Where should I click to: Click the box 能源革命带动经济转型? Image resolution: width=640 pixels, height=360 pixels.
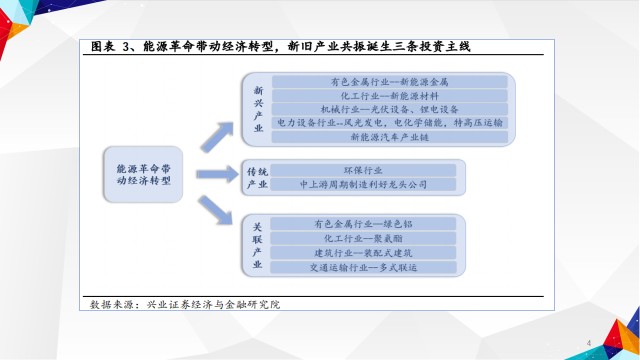point(143,174)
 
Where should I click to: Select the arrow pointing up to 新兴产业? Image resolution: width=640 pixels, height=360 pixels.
point(217,137)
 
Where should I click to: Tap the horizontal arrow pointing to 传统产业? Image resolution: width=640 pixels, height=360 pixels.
point(217,174)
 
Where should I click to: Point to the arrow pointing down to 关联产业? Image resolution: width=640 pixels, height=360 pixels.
point(215,210)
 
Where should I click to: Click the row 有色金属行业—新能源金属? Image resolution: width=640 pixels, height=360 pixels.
point(389,82)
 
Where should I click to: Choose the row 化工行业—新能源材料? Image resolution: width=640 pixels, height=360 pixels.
point(389,96)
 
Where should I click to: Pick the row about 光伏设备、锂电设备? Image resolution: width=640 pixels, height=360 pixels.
point(389,109)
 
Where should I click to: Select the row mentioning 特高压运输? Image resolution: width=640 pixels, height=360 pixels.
point(389,123)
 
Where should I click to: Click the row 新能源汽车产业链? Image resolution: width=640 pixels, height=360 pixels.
point(389,137)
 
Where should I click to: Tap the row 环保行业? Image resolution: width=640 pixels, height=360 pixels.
point(363,170)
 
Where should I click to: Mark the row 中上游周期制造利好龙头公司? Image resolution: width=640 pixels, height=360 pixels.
point(363,184)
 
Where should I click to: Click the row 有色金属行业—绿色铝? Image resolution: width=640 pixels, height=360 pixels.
point(363,224)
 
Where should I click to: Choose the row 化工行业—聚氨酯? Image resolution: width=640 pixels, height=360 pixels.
point(363,238)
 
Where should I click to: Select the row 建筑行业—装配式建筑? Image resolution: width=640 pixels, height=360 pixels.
point(363,253)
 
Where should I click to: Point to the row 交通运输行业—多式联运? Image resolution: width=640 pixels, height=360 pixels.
point(363,268)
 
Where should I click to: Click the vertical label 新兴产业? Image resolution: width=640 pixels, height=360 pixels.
point(258,109)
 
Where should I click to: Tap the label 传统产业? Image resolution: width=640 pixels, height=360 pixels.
point(257,178)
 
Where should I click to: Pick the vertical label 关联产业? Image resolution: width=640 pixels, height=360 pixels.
point(257,245)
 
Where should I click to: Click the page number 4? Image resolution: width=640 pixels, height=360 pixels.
point(589,343)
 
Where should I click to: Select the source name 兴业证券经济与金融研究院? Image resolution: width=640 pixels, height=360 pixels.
point(213,304)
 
